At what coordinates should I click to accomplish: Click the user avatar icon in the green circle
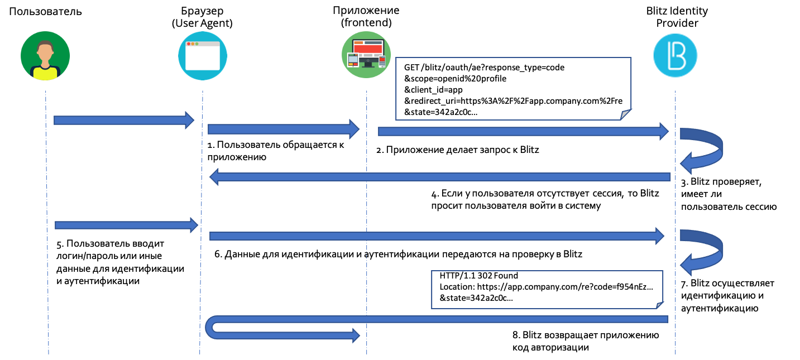point(45,56)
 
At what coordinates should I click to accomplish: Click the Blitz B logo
point(676,56)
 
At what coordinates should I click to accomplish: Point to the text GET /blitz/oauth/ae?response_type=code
point(484,68)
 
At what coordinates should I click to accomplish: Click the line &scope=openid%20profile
point(455,78)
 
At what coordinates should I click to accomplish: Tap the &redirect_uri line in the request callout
point(513,100)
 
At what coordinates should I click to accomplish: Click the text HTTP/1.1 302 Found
point(479,276)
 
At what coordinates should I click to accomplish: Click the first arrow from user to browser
point(123,120)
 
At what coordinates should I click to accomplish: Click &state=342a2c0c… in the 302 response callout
point(476,298)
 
